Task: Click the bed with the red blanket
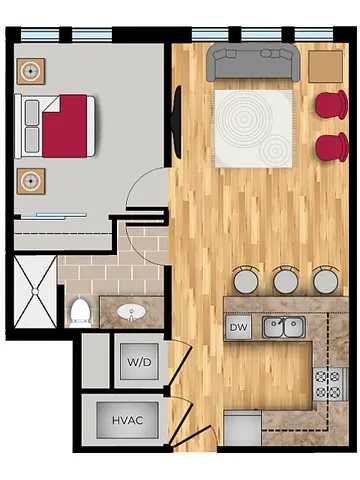click(58, 126)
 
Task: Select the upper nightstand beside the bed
click(31, 71)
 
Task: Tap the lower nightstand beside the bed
click(31, 181)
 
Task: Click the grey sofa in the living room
click(254, 65)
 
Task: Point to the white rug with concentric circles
click(253, 127)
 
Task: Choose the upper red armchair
click(331, 104)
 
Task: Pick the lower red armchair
click(331, 147)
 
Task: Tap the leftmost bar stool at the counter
click(245, 280)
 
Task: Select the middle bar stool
click(286, 280)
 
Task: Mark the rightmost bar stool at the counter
click(325, 280)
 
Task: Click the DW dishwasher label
click(238, 327)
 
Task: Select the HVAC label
click(127, 420)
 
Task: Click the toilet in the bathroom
click(80, 312)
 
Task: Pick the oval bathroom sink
click(131, 313)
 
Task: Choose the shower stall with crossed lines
click(34, 291)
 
